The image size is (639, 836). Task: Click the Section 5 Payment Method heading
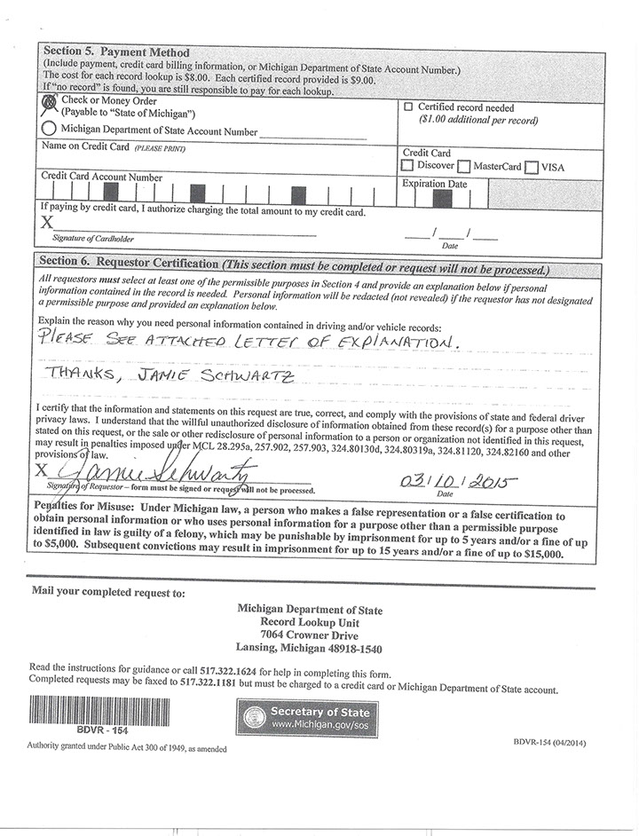click(116, 52)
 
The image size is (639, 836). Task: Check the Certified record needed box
click(408, 106)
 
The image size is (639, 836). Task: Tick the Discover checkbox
click(407, 166)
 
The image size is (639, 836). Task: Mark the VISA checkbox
click(532, 166)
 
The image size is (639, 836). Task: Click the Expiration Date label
click(435, 184)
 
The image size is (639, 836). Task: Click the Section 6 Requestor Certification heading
click(125, 264)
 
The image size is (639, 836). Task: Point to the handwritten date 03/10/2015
click(460, 483)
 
